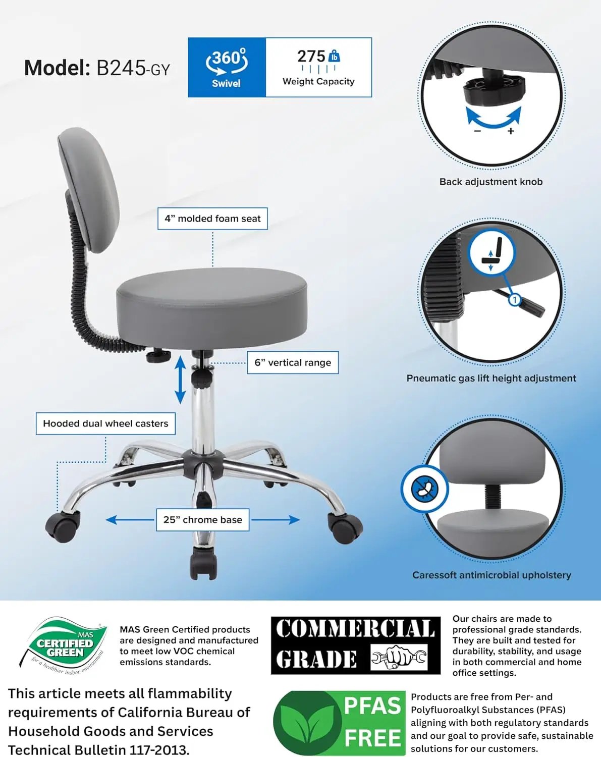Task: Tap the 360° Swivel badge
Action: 227,67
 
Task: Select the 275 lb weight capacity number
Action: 311,56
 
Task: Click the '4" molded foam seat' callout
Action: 212,219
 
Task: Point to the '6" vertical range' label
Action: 293,362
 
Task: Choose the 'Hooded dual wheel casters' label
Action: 105,423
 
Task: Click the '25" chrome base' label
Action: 202,519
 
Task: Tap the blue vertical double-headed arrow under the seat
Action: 180,379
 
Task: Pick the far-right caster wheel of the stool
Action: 346,528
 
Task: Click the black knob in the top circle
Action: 494,90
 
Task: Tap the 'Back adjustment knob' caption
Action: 490,182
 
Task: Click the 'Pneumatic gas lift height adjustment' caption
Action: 491,378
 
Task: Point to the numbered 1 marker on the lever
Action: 514,300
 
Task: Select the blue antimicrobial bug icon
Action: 425,489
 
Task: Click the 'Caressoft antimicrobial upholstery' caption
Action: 491,575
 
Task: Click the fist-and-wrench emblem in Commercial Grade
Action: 399,657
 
